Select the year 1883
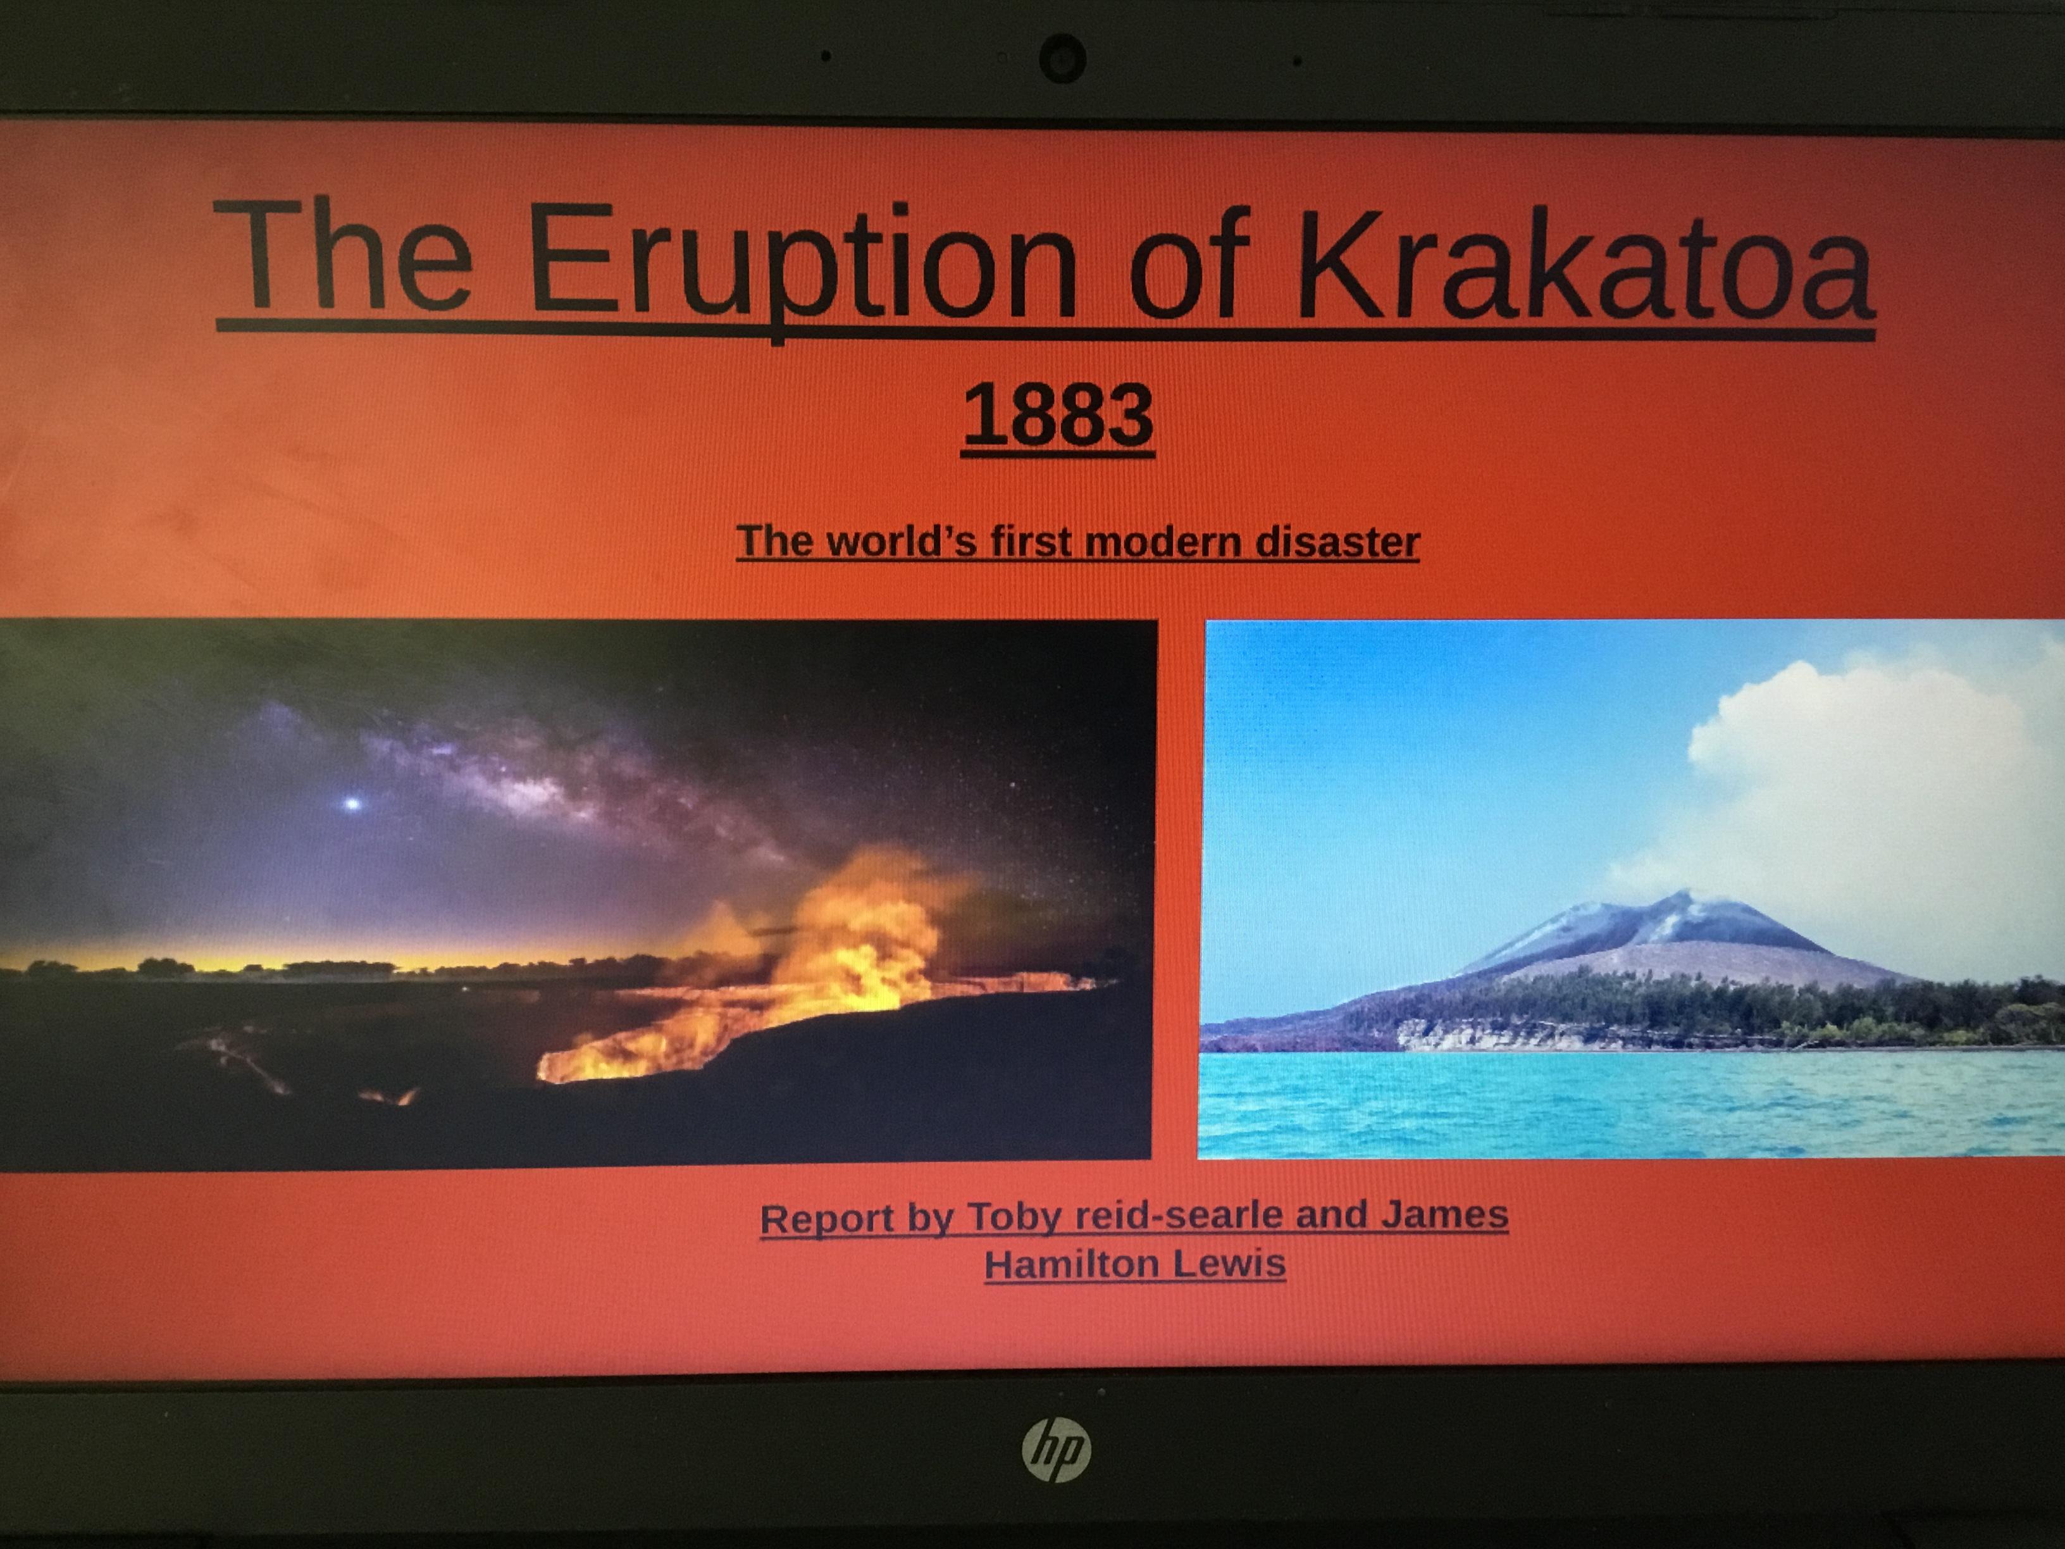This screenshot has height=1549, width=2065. [x=1058, y=416]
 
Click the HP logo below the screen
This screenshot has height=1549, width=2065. [x=1056, y=1450]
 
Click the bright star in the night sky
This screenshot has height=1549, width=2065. [x=352, y=802]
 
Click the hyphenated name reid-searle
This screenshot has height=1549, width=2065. [x=1178, y=1216]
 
